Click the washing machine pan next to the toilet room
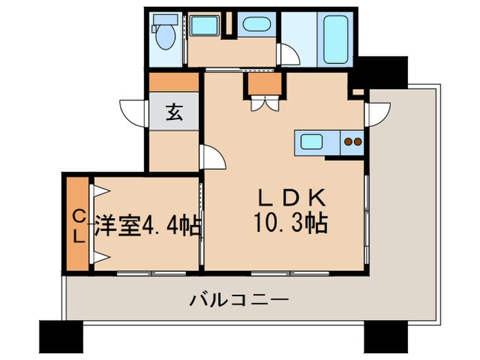click(203, 27)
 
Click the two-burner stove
click(352, 143)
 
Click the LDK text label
click(291, 198)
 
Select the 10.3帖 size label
click(291, 223)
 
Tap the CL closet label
click(79, 227)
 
